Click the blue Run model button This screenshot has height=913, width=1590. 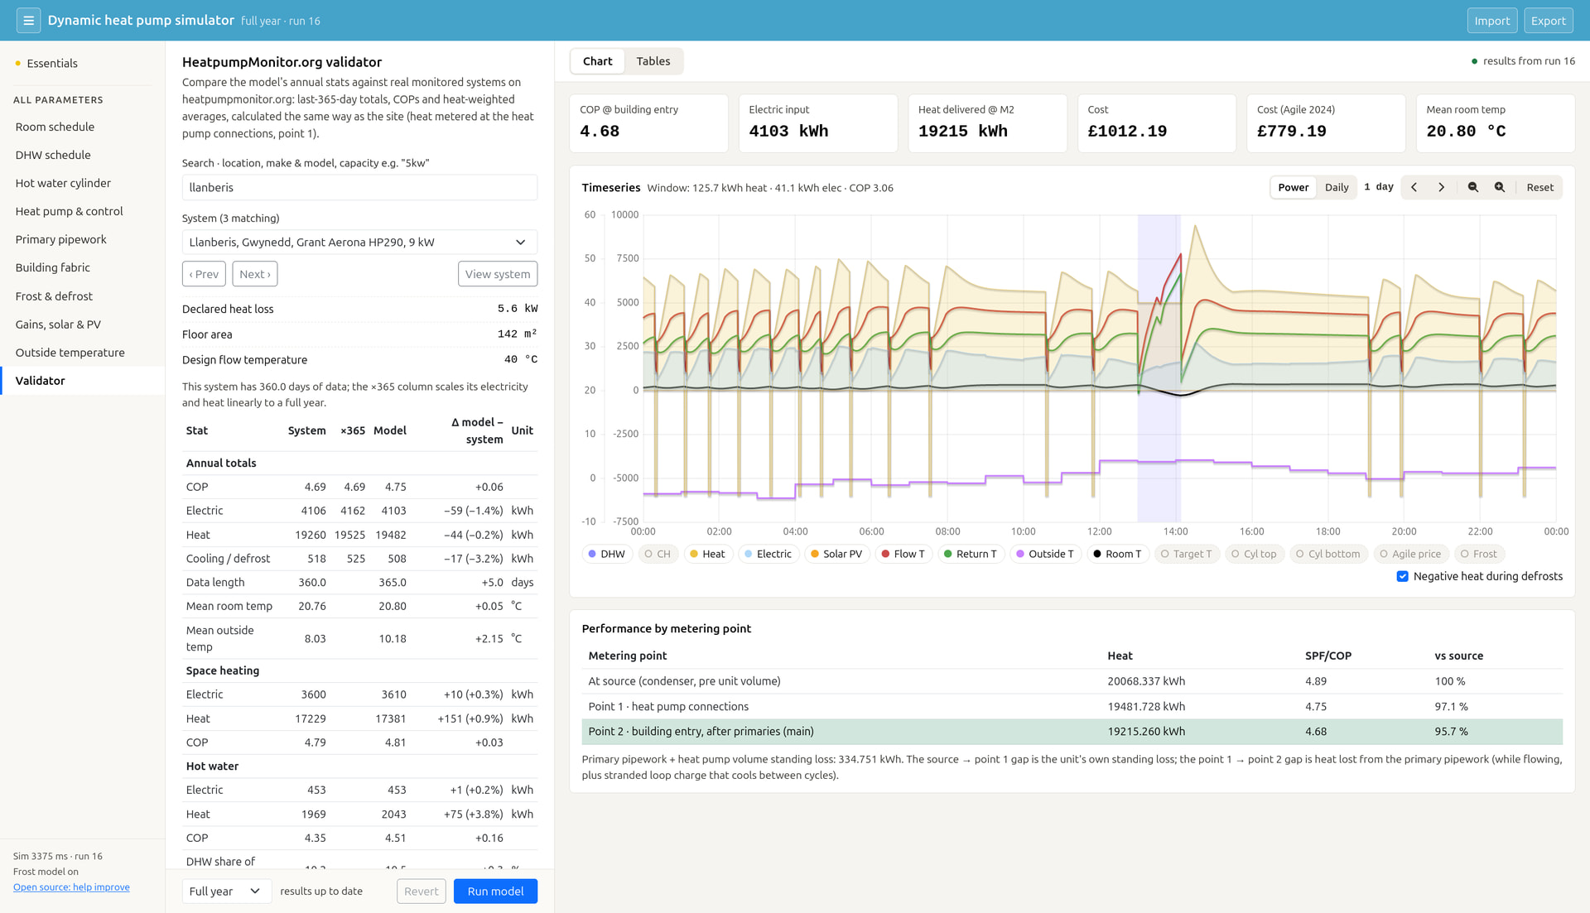tap(495, 891)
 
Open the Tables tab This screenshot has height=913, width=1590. tap(653, 61)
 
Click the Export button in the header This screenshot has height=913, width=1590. tap(1548, 21)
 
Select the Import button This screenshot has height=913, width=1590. tap(1491, 21)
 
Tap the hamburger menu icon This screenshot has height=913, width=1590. tap(28, 21)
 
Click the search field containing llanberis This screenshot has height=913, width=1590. tap(359, 187)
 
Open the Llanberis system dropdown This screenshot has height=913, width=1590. tap(359, 242)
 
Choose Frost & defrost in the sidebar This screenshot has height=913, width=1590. tap(54, 296)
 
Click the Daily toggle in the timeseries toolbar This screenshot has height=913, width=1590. tap(1337, 187)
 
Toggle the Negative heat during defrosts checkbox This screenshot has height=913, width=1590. tap(1402, 576)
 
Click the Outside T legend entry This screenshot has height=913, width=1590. tap(1045, 554)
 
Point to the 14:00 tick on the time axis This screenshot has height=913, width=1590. tap(1175, 531)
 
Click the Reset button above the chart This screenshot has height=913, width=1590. tap(1539, 187)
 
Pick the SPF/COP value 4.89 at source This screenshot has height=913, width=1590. tap(1315, 681)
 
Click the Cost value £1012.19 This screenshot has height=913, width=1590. tap(1127, 131)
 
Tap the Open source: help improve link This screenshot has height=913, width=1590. tap(71, 887)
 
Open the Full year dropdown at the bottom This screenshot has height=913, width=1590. tap(226, 891)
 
